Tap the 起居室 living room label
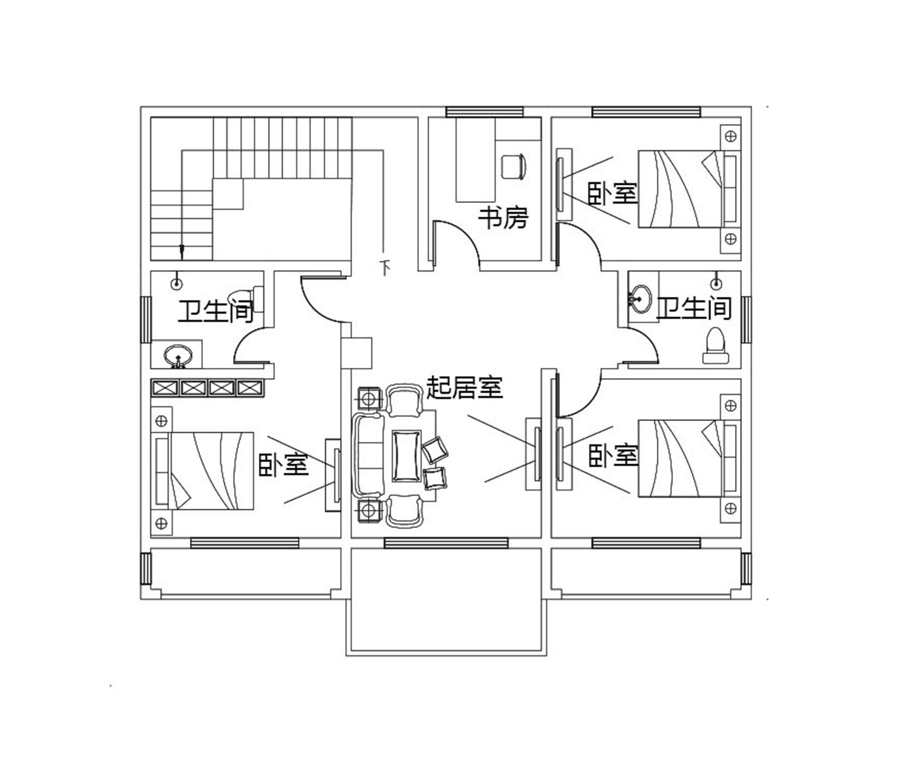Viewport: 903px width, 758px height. pos(465,387)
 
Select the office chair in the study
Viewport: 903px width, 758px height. pos(514,167)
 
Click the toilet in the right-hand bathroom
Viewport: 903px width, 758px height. pos(715,346)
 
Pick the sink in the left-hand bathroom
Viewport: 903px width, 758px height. pos(178,356)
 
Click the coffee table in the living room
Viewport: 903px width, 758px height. pos(406,456)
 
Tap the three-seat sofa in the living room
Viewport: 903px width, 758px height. pos(368,455)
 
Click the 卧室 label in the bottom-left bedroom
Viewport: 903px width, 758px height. pos(284,465)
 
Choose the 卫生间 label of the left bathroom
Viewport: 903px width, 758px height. pos(216,311)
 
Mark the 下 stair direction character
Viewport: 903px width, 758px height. pos(385,268)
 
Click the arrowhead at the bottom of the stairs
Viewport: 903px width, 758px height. pos(182,252)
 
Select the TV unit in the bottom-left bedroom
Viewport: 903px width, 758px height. pos(333,476)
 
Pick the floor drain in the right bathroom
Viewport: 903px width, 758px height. pos(716,284)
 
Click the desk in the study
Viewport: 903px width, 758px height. pos(476,160)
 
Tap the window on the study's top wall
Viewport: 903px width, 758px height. pos(485,112)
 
